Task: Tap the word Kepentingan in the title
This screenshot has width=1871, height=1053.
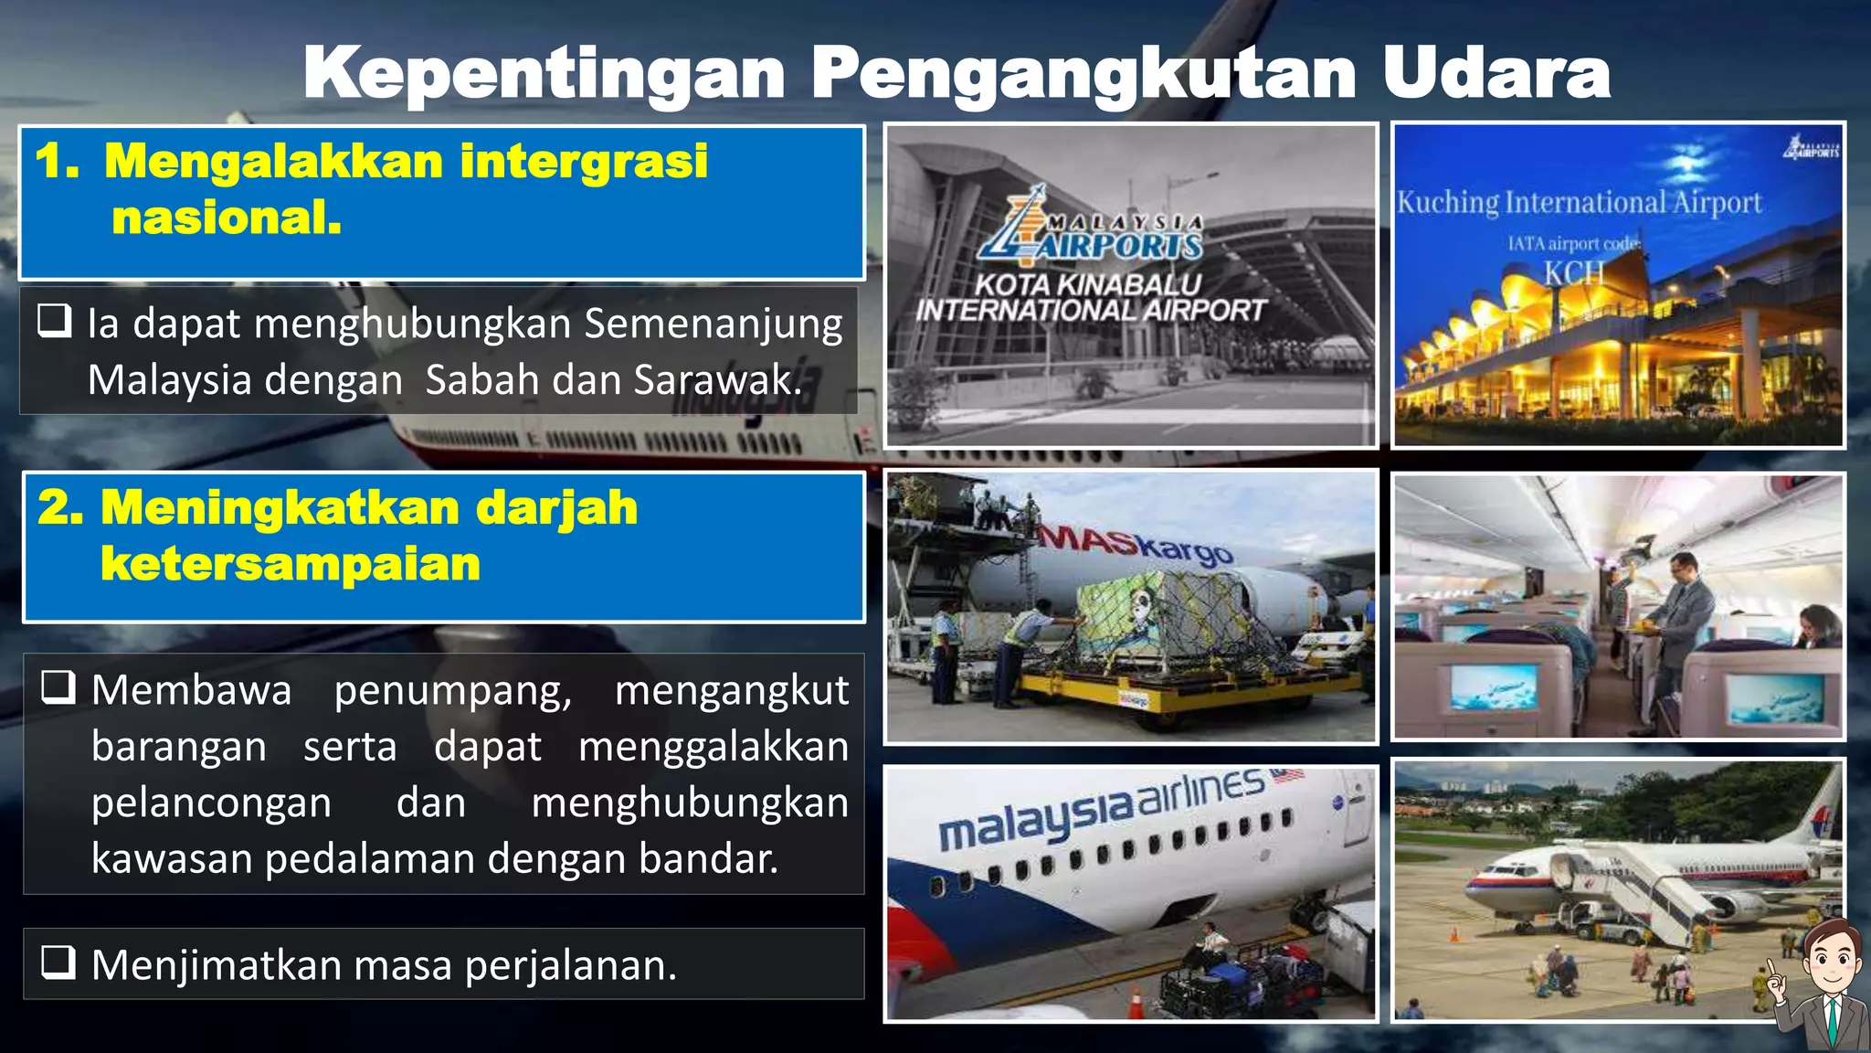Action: point(544,73)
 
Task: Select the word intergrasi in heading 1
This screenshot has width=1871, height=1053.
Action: point(584,161)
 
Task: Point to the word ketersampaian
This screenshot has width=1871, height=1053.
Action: point(291,563)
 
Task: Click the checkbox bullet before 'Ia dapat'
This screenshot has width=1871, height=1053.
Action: point(55,321)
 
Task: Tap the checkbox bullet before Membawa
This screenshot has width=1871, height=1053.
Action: point(58,686)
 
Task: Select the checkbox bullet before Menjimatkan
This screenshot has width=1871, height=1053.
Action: point(58,962)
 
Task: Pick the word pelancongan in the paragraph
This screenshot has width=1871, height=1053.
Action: point(212,803)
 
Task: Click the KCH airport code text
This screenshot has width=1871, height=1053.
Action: point(1573,272)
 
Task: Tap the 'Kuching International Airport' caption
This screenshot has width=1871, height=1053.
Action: point(1579,202)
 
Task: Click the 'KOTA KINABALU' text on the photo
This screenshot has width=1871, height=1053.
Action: point(1087,284)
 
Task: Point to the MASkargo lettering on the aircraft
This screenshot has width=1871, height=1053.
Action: point(1137,543)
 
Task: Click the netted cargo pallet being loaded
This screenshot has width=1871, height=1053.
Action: point(1156,622)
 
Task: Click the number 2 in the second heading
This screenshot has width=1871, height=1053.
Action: point(58,507)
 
